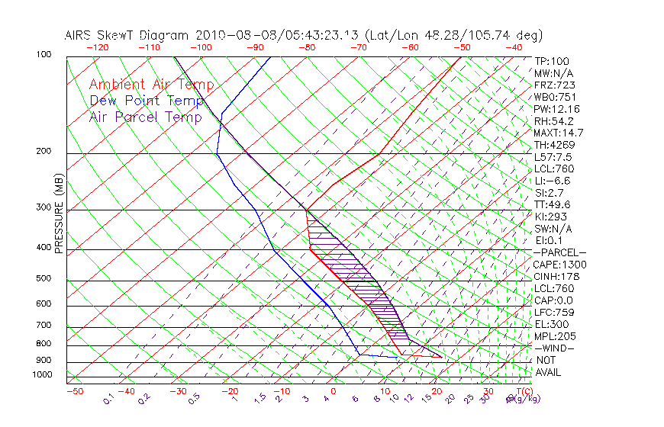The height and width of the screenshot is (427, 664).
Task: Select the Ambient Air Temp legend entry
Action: tap(151, 85)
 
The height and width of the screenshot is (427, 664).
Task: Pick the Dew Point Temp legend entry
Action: tap(147, 101)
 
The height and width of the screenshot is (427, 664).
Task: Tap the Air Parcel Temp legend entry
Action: tap(145, 117)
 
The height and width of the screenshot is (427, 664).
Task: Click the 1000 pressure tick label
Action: tap(42, 375)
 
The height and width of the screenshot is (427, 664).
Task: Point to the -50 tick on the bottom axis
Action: tap(74, 391)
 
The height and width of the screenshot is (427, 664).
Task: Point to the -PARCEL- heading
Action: tap(559, 252)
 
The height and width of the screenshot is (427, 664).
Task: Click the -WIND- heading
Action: tap(555, 348)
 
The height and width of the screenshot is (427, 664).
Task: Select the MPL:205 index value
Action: tap(554, 335)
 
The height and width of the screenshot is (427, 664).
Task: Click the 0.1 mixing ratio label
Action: tap(108, 399)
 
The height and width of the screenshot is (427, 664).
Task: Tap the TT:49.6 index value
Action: tap(553, 204)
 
